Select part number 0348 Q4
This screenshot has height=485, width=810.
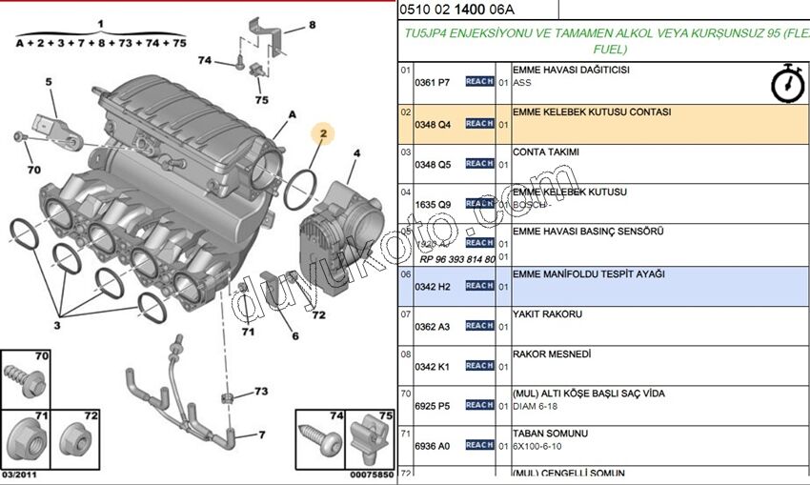coord(432,124)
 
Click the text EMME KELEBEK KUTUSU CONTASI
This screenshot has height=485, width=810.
coord(591,111)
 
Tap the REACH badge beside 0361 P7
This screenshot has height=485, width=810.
coord(479,83)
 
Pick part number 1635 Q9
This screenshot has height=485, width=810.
coord(432,204)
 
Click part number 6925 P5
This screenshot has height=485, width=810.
coord(432,406)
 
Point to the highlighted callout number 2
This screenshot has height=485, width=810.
coord(323,135)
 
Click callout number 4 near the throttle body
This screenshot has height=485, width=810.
coord(356,153)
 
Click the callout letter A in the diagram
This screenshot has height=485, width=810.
coord(293,115)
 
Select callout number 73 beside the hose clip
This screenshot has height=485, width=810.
coord(260,392)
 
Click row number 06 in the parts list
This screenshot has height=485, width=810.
coord(405,273)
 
